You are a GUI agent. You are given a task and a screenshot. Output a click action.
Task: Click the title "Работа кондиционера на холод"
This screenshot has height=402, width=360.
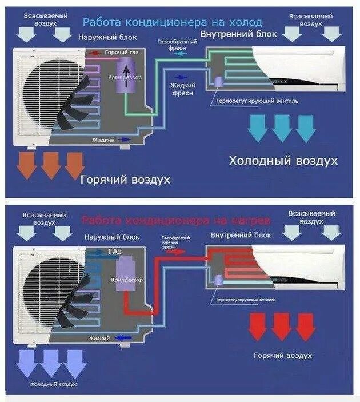172,22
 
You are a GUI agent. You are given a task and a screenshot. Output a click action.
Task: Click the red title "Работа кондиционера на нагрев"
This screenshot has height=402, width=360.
175,220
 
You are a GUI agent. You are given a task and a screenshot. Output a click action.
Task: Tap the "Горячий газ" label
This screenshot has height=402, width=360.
121,53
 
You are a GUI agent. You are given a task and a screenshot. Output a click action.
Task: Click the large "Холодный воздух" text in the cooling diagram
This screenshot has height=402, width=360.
283,161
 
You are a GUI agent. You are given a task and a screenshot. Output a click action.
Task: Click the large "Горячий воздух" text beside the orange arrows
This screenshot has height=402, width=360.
125,180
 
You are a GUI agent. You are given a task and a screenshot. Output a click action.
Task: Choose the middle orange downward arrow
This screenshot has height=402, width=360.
51,165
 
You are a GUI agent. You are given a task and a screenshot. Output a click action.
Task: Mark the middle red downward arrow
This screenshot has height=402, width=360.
282,326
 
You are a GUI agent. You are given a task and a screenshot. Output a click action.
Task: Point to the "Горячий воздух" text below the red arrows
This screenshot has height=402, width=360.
283,356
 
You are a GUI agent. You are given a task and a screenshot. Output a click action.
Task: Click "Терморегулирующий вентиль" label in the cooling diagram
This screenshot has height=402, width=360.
257,101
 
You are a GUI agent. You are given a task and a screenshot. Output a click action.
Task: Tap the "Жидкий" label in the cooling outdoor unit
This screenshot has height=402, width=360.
103,139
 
